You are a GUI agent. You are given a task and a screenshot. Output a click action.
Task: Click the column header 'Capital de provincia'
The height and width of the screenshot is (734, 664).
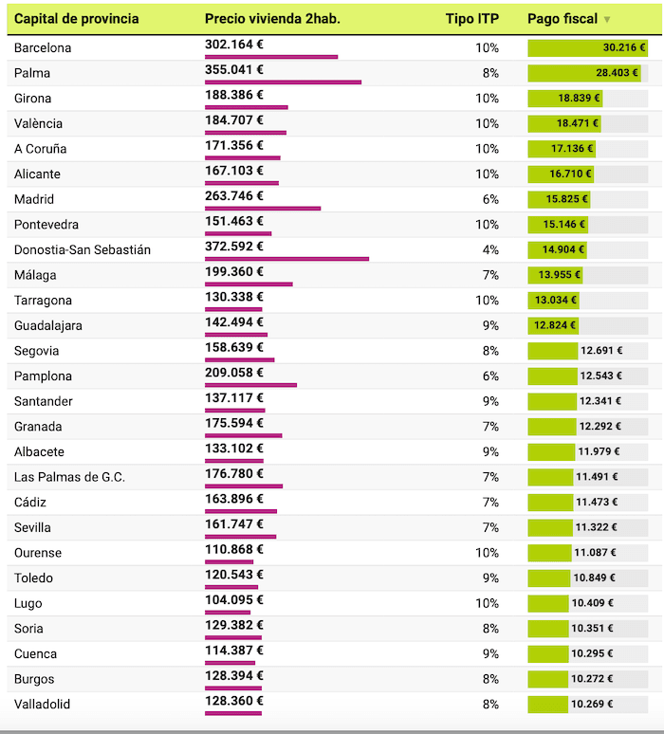pyautogui.click(x=76, y=19)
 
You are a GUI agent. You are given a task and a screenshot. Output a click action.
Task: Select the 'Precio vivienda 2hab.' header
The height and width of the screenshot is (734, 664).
pyautogui.click(x=272, y=19)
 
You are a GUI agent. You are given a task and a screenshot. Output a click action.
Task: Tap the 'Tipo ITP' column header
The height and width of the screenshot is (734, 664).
pyautogui.click(x=471, y=19)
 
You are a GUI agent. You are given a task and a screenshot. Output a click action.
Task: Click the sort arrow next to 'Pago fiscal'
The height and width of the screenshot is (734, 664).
pyautogui.click(x=607, y=20)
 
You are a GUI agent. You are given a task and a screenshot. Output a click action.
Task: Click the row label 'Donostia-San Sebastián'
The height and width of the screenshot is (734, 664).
pyautogui.click(x=83, y=249)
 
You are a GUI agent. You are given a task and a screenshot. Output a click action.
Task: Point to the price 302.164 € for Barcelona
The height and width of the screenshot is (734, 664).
pyautogui.click(x=234, y=44)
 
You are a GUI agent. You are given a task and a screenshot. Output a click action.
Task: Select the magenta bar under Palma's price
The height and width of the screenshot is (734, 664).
pyautogui.click(x=283, y=83)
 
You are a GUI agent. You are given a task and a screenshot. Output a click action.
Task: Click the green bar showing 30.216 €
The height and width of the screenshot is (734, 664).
pyautogui.click(x=588, y=47)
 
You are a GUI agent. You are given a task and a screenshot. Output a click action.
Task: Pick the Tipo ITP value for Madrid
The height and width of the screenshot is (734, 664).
pyautogui.click(x=489, y=199)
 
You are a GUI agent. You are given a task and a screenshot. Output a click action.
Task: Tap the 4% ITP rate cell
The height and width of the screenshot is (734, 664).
pyautogui.click(x=489, y=249)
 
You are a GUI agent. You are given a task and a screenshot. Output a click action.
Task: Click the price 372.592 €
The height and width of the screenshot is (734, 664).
pyautogui.click(x=234, y=246)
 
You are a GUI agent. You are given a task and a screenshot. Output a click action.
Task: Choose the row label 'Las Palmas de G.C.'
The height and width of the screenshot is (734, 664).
pyautogui.click(x=69, y=477)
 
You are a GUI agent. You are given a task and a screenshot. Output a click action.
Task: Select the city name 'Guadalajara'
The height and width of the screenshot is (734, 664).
pyautogui.click(x=48, y=325)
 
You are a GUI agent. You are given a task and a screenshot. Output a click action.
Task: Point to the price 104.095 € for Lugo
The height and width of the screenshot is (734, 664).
pyautogui.click(x=234, y=599)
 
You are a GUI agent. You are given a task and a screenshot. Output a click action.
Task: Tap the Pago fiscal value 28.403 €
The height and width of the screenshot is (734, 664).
pyautogui.click(x=618, y=73)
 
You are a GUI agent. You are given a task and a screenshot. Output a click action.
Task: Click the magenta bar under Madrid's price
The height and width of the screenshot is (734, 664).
pyautogui.click(x=263, y=209)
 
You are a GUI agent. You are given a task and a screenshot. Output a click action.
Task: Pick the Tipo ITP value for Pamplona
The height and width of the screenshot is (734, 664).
pyautogui.click(x=489, y=376)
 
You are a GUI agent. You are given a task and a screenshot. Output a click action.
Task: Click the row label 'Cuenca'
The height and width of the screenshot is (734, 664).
pyautogui.click(x=36, y=653)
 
